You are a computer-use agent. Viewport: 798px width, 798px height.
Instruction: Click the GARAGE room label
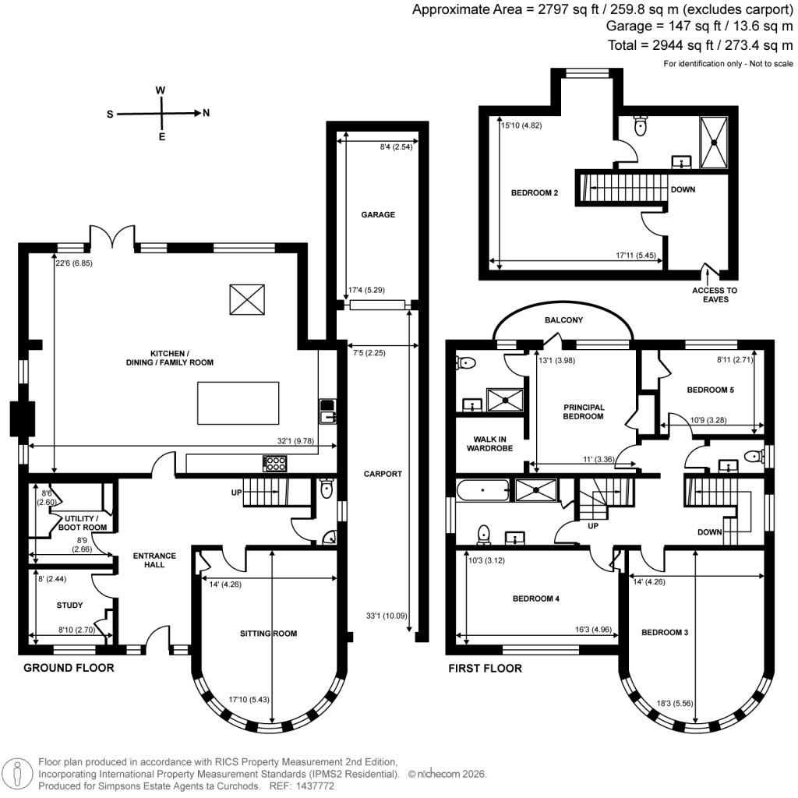point(378,214)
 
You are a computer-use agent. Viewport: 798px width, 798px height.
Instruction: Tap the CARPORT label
point(383,473)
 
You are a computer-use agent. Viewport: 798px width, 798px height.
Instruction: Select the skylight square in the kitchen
point(247,299)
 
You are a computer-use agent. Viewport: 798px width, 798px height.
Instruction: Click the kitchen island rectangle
point(238,402)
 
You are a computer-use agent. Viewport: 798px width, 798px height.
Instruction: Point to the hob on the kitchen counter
point(276,464)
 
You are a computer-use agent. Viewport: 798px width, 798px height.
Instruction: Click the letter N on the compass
point(207,113)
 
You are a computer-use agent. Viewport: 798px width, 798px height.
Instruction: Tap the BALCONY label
point(564,320)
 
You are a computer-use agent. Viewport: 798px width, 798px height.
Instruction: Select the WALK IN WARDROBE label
point(489,443)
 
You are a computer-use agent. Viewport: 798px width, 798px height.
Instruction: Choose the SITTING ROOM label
point(270,634)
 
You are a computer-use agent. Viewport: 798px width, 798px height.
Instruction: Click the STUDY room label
point(69,605)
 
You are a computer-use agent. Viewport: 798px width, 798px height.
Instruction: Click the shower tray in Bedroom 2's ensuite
point(715,142)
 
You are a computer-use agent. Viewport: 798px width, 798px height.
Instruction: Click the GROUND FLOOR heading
point(69,668)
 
